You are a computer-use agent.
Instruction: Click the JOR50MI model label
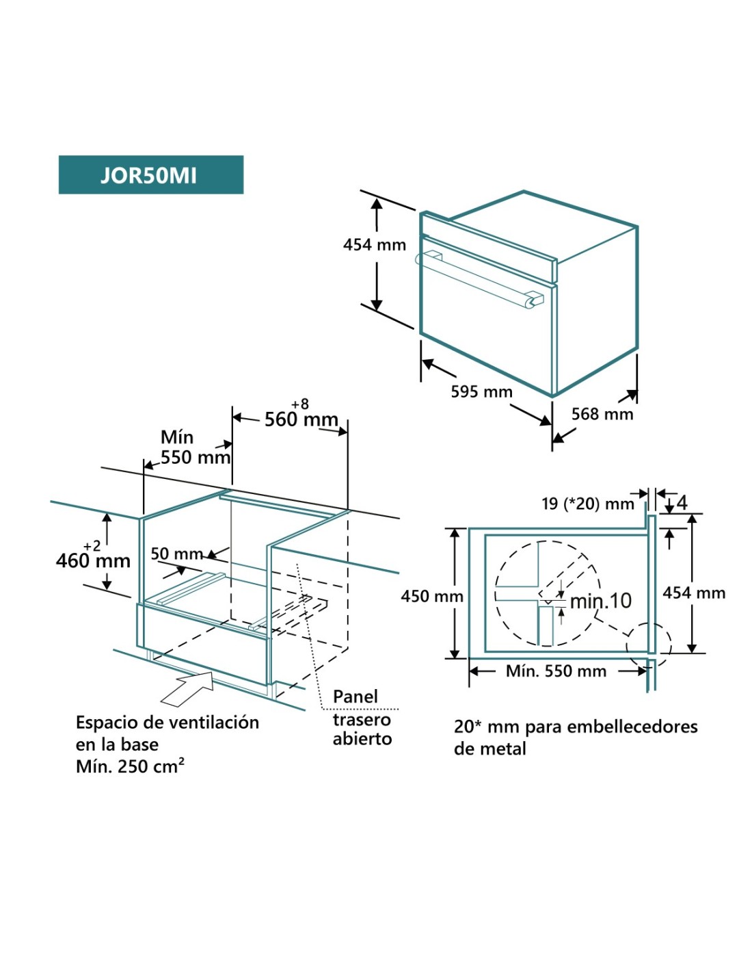click(x=149, y=175)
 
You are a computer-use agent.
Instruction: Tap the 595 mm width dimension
click(x=481, y=392)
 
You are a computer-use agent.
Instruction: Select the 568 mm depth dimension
click(x=602, y=414)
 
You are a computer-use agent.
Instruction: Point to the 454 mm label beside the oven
click(x=374, y=244)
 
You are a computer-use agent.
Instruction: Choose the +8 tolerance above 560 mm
click(x=300, y=404)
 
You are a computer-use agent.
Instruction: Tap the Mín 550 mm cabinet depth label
click(x=195, y=447)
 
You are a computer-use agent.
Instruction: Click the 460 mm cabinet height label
click(x=93, y=561)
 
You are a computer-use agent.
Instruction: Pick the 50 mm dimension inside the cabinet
click(x=176, y=554)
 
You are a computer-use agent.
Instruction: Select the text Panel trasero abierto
click(x=362, y=718)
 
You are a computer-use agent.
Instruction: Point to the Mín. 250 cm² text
click(x=130, y=766)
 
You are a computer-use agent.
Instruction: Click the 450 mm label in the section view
click(x=431, y=596)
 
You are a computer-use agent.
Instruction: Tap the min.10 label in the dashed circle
click(x=601, y=601)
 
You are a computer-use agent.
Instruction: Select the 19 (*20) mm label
click(x=588, y=504)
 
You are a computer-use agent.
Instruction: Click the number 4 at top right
click(x=682, y=503)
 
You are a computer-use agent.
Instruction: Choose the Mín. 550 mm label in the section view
click(x=556, y=671)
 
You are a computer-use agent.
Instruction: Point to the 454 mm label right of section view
click(x=694, y=593)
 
